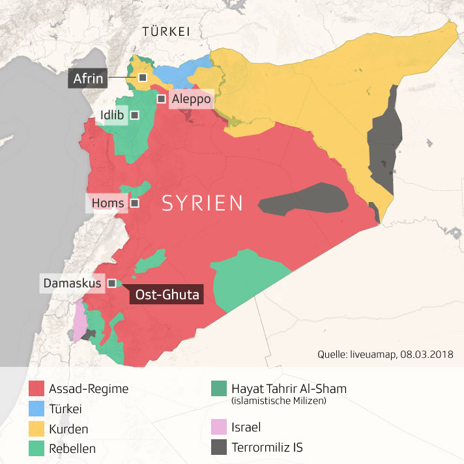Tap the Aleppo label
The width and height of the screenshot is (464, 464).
point(190,99)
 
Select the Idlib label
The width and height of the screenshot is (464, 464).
point(112,115)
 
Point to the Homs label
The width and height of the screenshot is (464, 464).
point(108,203)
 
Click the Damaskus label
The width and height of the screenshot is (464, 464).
point(72,283)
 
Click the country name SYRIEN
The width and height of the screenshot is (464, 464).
point(202,203)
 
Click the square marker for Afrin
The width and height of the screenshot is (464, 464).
point(142,78)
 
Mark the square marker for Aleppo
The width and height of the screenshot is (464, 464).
point(161,98)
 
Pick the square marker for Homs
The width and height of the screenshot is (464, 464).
point(135,203)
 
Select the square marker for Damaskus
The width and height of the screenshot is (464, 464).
point(112,283)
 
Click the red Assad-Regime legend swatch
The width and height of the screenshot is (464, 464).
point(37,389)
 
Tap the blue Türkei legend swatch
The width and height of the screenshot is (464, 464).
point(37,409)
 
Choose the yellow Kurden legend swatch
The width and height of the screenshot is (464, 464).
point(37,429)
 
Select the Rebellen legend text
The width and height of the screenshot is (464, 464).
point(72,448)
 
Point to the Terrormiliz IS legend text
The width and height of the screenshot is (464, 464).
point(267,448)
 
